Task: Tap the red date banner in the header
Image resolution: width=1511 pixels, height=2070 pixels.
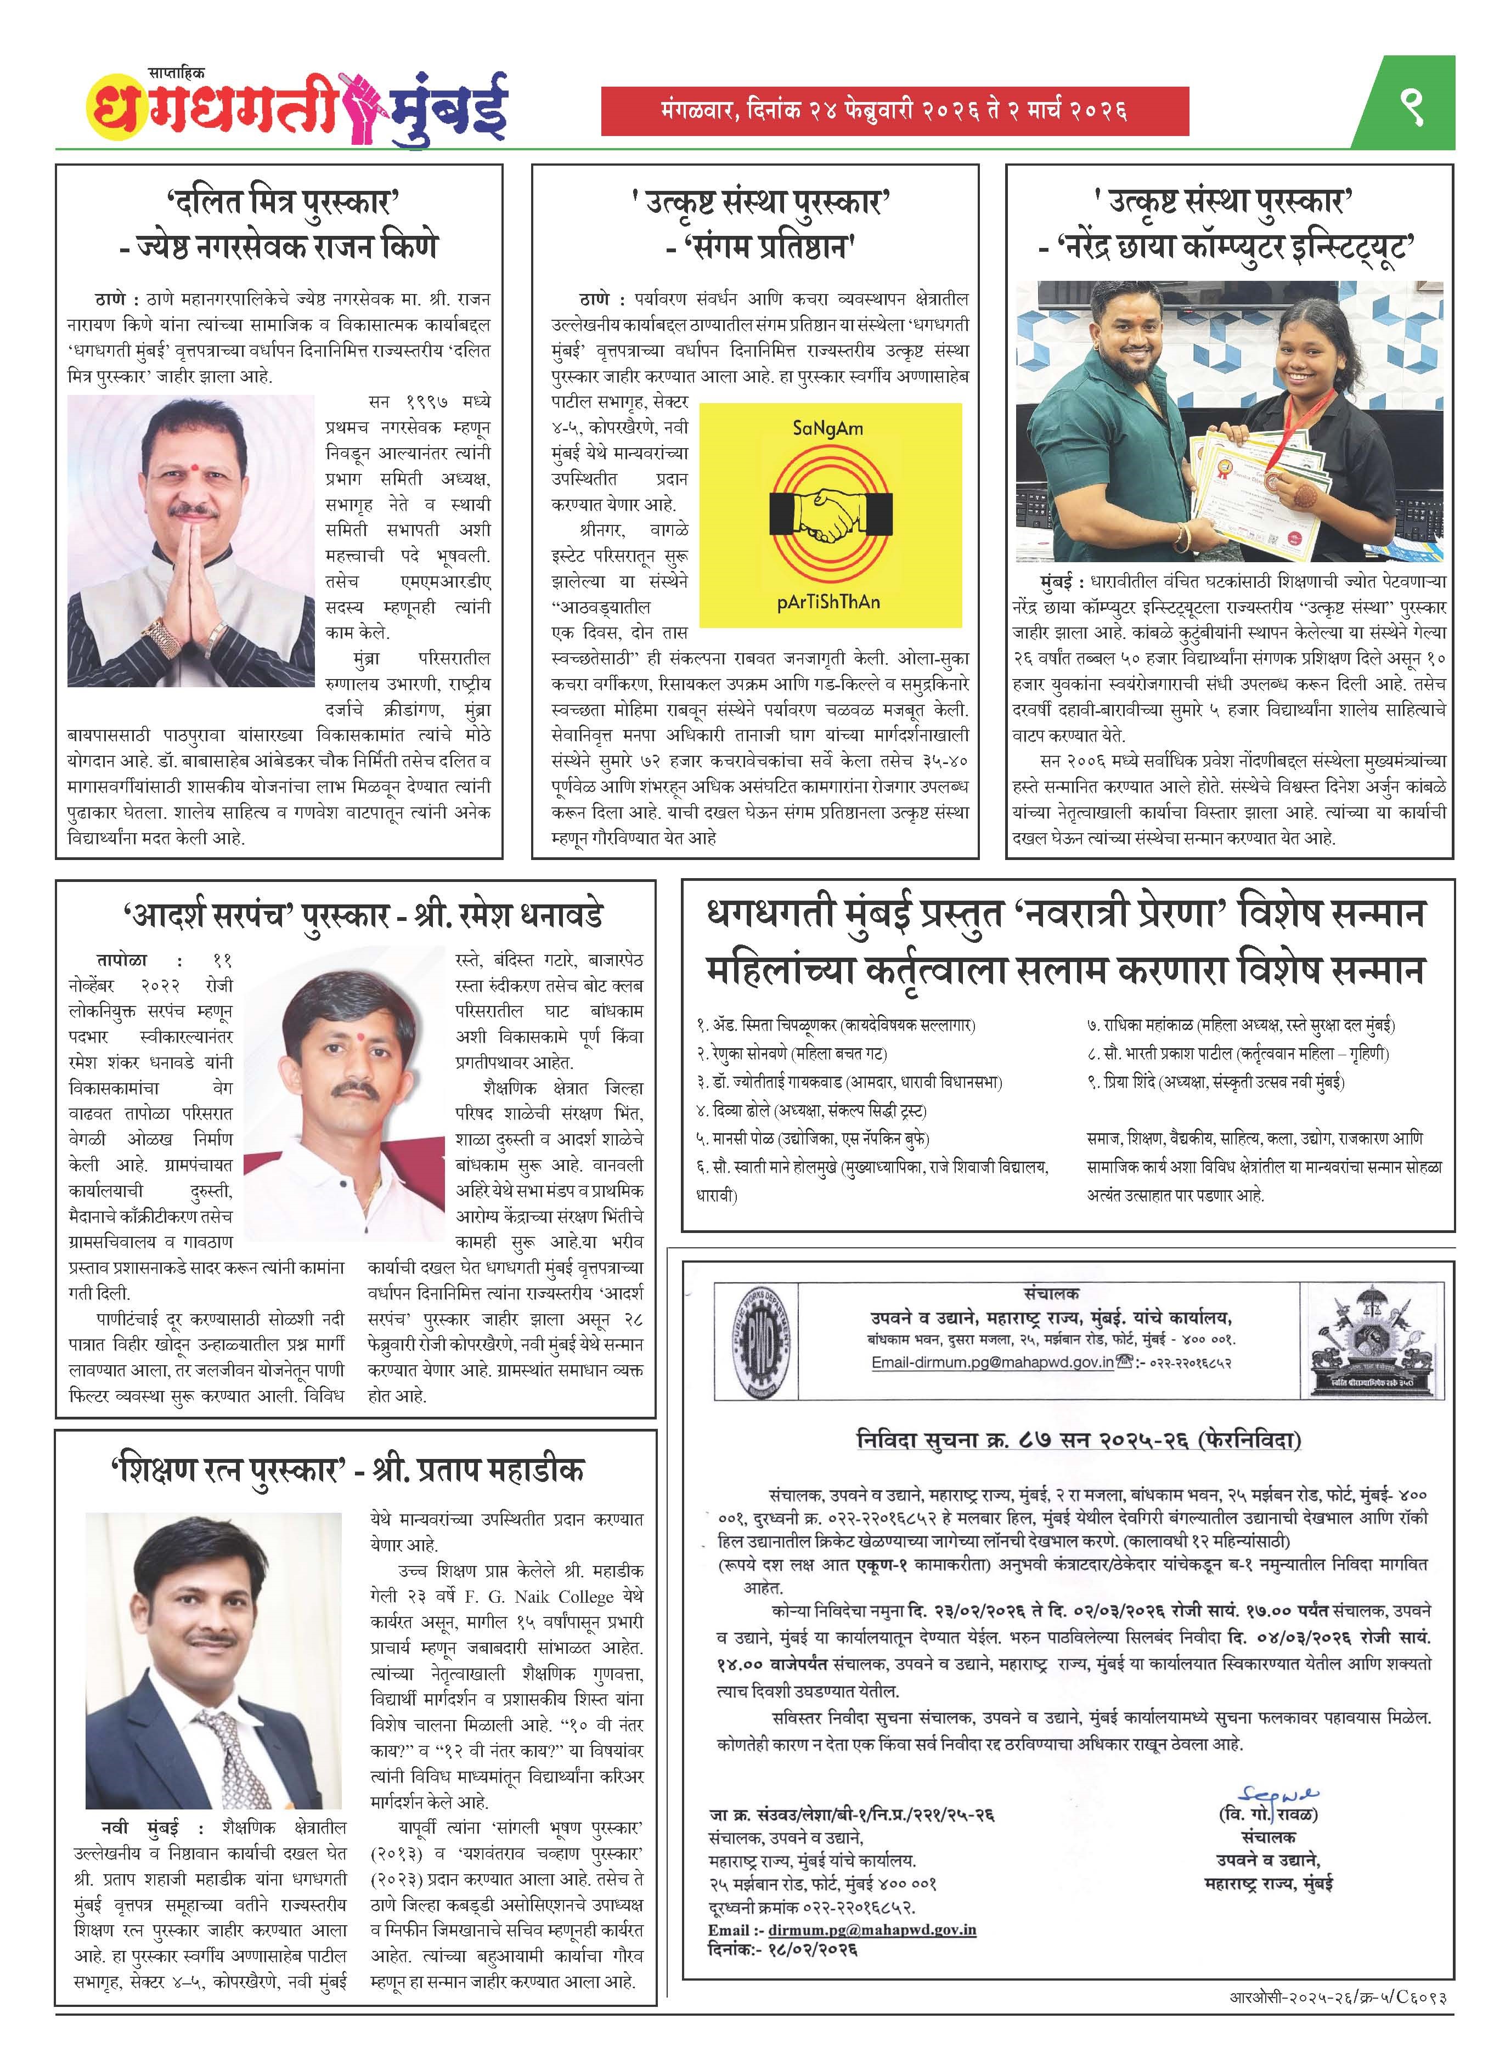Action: click(x=894, y=111)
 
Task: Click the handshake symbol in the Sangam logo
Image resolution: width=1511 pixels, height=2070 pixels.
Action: click(x=830, y=514)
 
